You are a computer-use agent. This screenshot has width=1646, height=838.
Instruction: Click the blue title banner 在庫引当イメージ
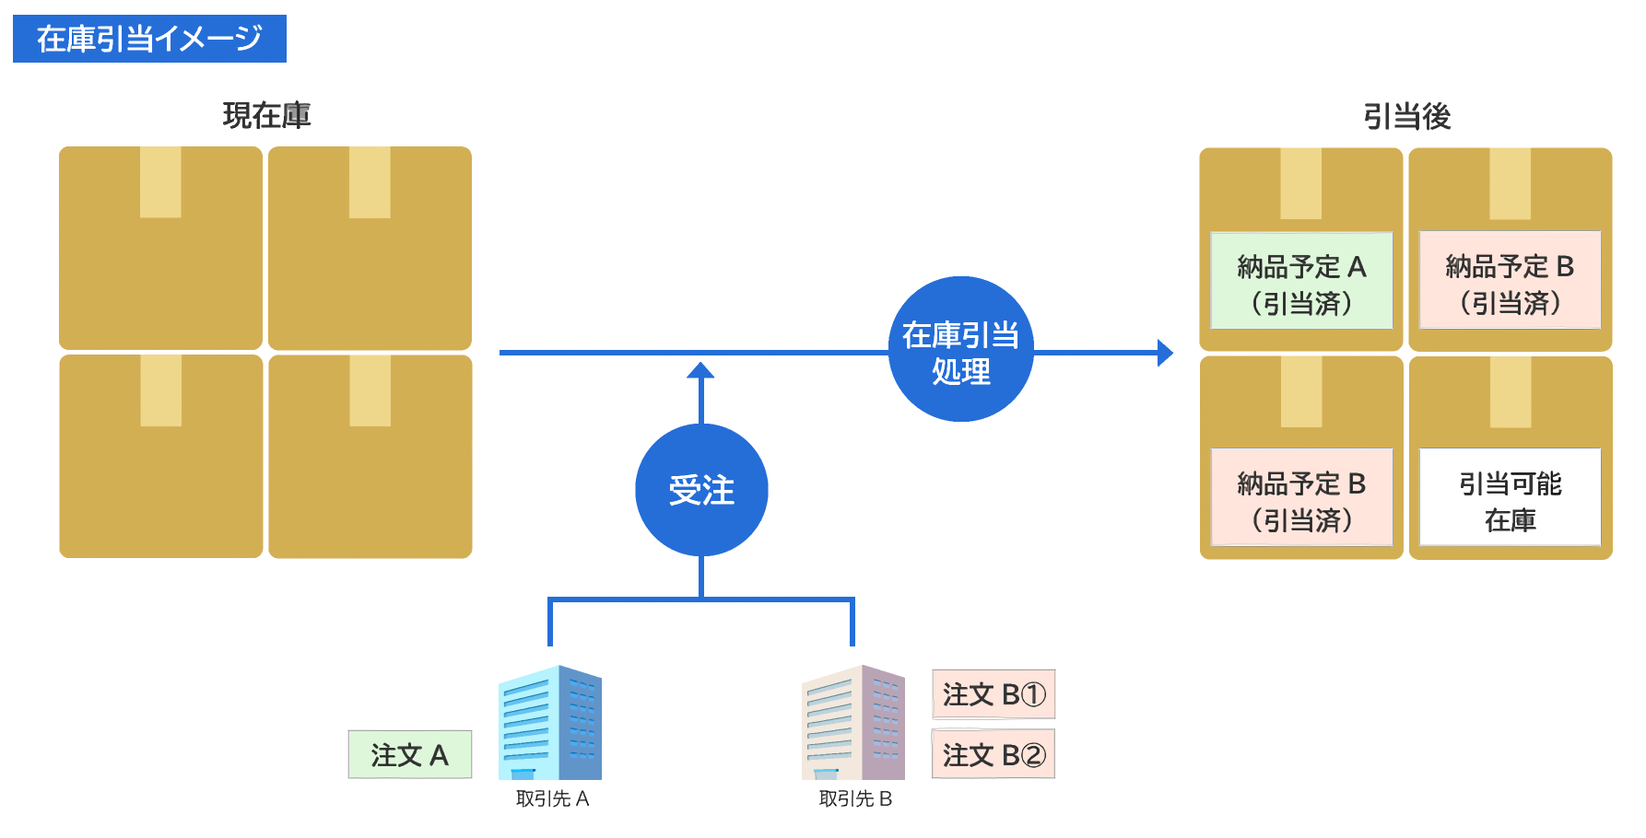[149, 39]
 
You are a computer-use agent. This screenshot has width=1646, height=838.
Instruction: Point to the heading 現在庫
[266, 116]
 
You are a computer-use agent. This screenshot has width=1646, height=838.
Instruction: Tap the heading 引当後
[1406, 117]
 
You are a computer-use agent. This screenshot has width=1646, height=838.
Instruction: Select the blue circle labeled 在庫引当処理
[960, 350]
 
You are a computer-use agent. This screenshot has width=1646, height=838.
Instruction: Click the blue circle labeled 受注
[701, 490]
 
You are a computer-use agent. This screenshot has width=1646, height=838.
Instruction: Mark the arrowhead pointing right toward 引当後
[1165, 353]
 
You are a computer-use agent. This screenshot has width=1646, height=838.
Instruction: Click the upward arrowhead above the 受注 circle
[701, 370]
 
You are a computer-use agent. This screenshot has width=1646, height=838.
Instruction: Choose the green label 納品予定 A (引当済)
[1301, 281]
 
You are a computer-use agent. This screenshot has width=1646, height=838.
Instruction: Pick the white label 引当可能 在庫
[1510, 497]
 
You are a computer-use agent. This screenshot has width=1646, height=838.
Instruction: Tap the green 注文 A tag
[409, 755]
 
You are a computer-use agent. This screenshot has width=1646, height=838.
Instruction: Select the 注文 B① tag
[993, 694]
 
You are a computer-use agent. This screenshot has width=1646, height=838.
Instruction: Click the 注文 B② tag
[993, 755]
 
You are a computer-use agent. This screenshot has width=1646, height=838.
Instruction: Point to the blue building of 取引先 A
[550, 723]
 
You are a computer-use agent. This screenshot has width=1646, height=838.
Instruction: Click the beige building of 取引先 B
[853, 723]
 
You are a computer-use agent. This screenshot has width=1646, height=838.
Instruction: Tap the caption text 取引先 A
[552, 799]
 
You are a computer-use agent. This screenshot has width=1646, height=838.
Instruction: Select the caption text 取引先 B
[855, 799]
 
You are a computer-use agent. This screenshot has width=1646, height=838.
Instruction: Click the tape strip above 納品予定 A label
[1301, 184]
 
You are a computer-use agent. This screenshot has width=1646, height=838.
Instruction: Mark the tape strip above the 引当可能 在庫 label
[1511, 393]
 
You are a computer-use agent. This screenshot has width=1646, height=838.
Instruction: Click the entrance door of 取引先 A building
[523, 774]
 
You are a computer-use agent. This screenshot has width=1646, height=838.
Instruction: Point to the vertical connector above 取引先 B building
[852, 623]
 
